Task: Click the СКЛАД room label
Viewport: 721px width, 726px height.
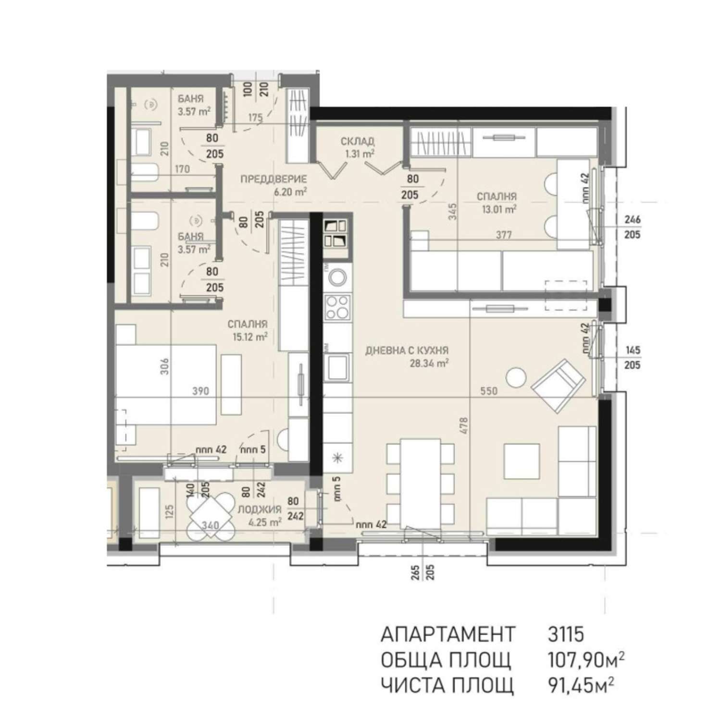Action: pos(358,141)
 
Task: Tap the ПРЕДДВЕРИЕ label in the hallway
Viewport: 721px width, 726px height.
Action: pos(273,180)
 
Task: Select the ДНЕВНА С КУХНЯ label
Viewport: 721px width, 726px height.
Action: pos(407,351)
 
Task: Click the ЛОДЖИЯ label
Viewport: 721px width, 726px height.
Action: pos(260,509)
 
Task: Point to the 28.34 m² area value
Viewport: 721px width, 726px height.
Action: pos(429,363)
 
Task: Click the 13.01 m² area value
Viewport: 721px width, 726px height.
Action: pos(499,209)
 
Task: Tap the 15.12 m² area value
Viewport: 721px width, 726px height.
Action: pos(250,337)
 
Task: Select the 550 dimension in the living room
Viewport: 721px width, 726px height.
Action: pos(489,391)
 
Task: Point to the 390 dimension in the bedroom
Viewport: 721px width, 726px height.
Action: pos(200,391)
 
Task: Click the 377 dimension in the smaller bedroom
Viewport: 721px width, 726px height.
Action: pos(504,235)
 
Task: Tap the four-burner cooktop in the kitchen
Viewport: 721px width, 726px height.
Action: pos(337,307)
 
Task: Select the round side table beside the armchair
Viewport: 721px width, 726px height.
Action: pos(516,377)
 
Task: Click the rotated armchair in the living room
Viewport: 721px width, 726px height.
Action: pos(558,386)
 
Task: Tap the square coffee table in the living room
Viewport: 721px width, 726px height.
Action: pos(522,461)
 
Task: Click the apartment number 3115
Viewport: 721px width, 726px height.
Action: pos(566,634)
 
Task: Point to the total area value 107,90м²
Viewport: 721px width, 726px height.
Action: pos(586,660)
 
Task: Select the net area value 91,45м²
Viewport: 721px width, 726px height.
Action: pos(581,685)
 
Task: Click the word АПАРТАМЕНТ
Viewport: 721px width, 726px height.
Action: pos(448,634)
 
